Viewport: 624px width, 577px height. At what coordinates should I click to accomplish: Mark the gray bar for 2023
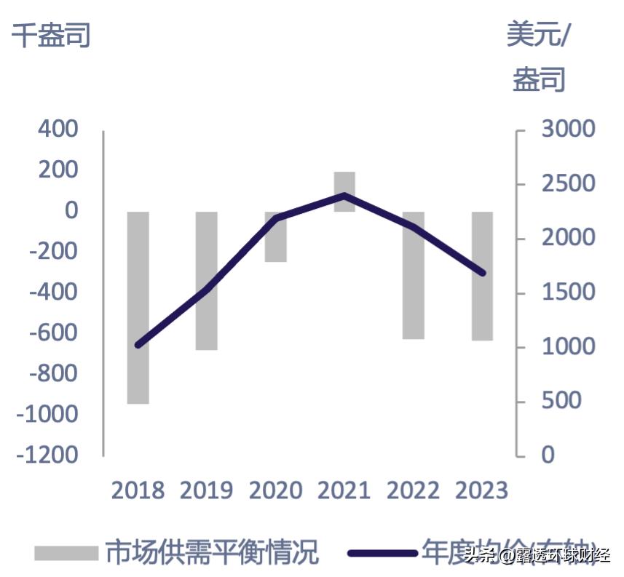[x=482, y=276]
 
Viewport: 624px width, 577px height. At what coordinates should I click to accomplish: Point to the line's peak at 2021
[x=344, y=195]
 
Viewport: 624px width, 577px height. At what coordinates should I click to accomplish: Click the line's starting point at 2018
[x=138, y=345]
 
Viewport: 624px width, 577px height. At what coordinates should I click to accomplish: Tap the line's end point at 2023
[x=483, y=274]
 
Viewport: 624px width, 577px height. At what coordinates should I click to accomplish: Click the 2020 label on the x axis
[x=275, y=490]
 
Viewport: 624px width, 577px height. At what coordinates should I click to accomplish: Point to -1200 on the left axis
[x=50, y=455]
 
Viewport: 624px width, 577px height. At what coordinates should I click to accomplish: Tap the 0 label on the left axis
[x=71, y=211]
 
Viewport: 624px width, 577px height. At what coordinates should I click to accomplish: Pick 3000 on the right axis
[x=568, y=130]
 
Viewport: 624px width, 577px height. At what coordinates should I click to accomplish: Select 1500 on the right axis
[x=568, y=293]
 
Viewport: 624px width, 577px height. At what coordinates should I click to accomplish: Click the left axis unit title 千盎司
[x=50, y=34]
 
